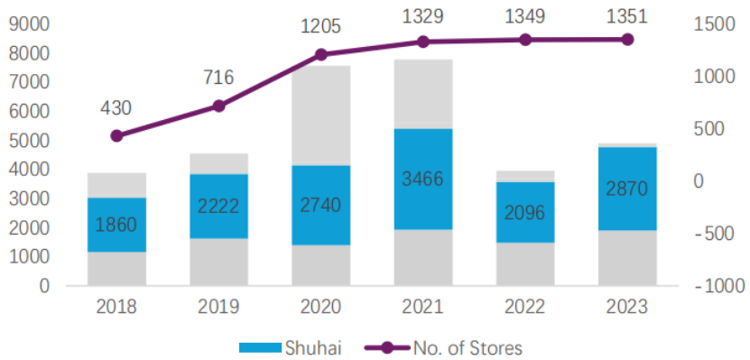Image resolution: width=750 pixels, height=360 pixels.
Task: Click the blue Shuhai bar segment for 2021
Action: pyautogui.click(x=423, y=179)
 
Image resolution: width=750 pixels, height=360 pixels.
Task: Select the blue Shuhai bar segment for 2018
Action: pyautogui.click(x=116, y=225)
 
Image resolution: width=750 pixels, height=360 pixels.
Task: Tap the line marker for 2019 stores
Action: pyautogui.click(x=218, y=106)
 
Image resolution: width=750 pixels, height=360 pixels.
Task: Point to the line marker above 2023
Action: pyautogui.click(x=627, y=40)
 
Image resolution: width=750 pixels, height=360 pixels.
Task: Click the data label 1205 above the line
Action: pyautogui.click(x=320, y=27)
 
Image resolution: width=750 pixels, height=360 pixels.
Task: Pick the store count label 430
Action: pyautogui.click(x=116, y=108)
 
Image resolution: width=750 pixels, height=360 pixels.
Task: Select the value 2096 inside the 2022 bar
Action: pyautogui.click(x=525, y=212)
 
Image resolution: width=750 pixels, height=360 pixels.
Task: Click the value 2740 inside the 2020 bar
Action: pyautogui.click(x=321, y=205)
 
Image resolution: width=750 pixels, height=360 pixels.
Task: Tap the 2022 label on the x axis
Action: pyautogui.click(x=525, y=307)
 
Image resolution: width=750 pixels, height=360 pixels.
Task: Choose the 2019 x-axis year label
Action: pyautogui.click(x=218, y=307)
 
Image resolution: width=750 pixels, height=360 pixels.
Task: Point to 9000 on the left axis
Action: pyautogui.click(x=29, y=24)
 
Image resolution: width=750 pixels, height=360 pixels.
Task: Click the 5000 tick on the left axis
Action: pyautogui.click(x=29, y=141)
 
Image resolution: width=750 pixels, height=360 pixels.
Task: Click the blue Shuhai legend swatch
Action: pyautogui.click(x=259, y=347)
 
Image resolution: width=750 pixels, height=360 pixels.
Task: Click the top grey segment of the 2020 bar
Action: pyautogui.click(x=321, y=115)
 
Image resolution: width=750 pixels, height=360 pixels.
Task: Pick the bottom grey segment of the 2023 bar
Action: pyautogui.click(x=627, y=258)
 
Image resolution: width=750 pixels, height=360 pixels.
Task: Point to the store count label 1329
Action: pyautogui.click(x=422, y=17)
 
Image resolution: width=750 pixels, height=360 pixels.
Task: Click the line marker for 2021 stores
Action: pyautogui.click(x=422, y=42)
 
